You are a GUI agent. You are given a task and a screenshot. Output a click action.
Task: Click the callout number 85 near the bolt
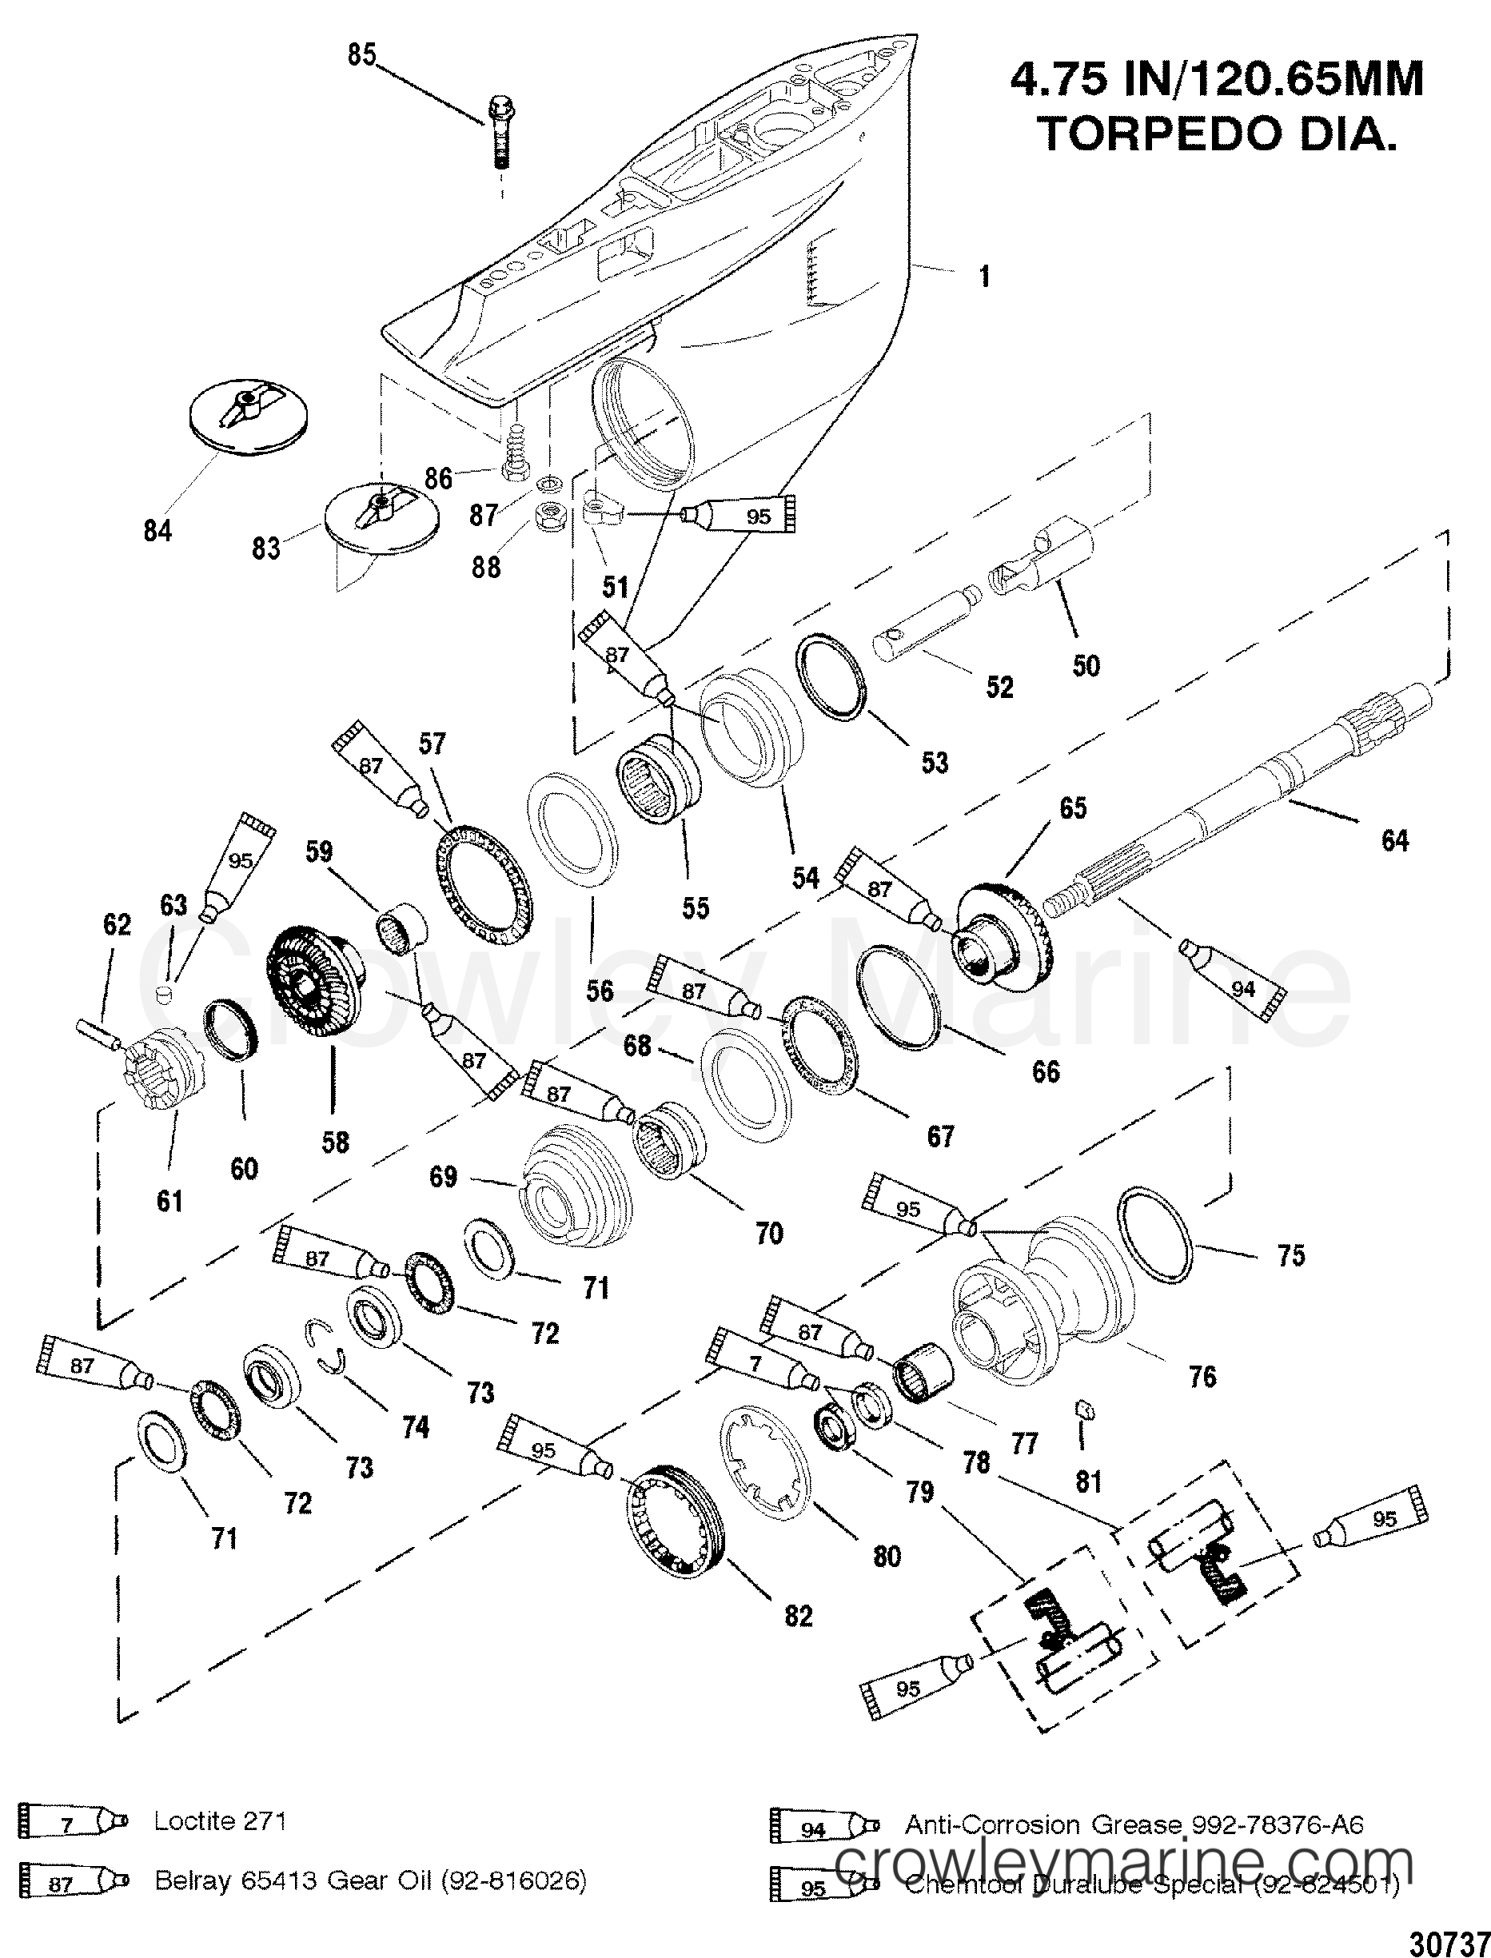tap(361, 55)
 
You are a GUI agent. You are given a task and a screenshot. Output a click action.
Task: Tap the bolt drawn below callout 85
tap(498, 134)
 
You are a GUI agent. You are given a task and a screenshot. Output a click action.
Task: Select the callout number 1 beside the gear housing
tap(984, 277)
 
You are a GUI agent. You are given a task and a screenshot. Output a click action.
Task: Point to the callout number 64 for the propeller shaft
tap(1394, 839)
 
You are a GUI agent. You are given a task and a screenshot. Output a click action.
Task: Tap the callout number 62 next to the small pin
tap(116, 925)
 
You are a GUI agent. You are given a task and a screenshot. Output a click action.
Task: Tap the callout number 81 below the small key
tap(1088, 1481)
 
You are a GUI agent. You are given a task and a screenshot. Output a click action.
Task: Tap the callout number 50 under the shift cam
tap(1086, 666)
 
